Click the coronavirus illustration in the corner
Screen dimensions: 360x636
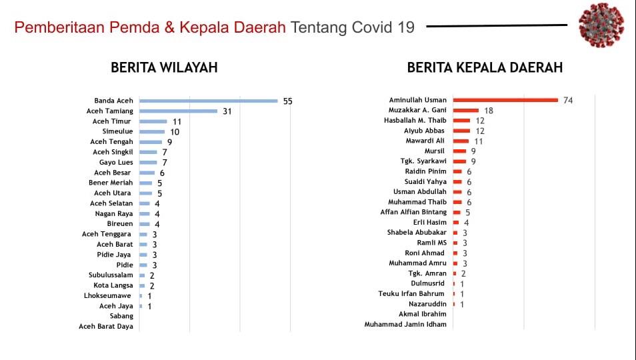click(x=601, y=25)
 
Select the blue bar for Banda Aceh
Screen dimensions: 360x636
click(x=208, y=101)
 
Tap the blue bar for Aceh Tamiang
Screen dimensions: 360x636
click(x=178, y=111)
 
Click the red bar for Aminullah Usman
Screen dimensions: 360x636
click(x=505, y=100)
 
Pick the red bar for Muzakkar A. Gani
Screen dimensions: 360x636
click(x=466, y=110)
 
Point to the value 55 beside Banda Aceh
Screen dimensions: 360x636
click(x=287, y=101)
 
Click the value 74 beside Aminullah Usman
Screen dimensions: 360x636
click(x=568, y=101)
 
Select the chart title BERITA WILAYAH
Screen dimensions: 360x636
click(x=164, y=67)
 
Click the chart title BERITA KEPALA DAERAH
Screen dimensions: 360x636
click(x=485, y=67)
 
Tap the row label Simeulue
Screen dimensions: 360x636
click(x=117, y=131)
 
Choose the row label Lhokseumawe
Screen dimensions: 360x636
click(x=109, y=295)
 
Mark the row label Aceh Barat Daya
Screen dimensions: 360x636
click(x=106, y=326)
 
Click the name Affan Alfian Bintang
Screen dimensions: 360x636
click(x=413, y=212)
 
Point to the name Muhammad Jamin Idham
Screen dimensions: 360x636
click(x=405, y=325)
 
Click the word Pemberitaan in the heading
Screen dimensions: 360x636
click(x=54, y=27)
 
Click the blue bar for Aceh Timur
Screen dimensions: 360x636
click(x=153, y=121)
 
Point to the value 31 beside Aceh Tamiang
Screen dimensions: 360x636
click(x=227, y=111)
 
